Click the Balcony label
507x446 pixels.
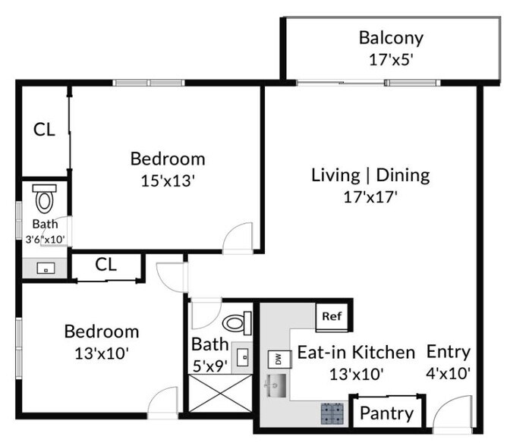[x=391, y=37]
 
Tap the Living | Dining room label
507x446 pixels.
[x=370, y=175]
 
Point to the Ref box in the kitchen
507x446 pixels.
[x=332, y=316]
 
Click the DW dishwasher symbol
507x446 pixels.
[x=276, y=359]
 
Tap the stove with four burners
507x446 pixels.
[x=332, y=413]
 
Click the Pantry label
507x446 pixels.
[x=386, y=413]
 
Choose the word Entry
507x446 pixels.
[x=448, y=352]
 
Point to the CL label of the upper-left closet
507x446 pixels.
[x=44, y=130]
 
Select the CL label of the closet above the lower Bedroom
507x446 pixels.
[x=105, y=265]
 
